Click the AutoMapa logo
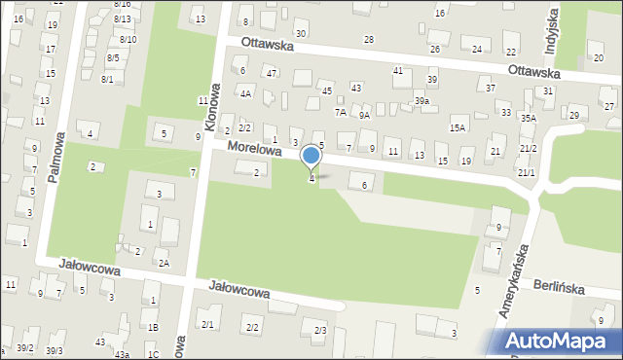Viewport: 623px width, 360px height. tap(559, 342)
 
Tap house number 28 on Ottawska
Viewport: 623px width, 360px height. tap(369, 39)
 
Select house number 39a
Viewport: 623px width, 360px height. tap(421, 101)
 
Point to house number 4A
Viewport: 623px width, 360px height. tap(246, 94)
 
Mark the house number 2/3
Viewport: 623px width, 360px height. tap(320, 331)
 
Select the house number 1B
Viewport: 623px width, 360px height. tap(153, 327)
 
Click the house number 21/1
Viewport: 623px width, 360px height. tap(527, 172)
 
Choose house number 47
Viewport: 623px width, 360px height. tap(272, 74)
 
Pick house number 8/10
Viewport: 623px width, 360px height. tap(128, 39)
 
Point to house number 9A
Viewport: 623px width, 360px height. tap(364, 115)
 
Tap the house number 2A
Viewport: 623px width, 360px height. tap(165, 264)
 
